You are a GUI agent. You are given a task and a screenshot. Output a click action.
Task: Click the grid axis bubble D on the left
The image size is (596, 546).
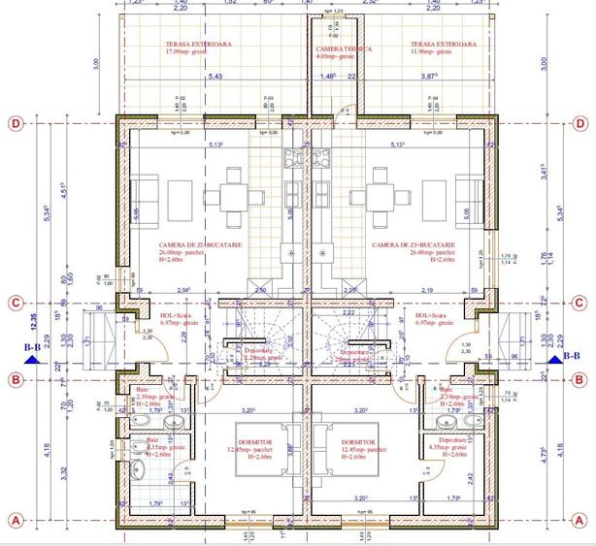pos(15,124)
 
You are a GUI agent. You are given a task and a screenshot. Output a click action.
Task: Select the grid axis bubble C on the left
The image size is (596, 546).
pos(15,302)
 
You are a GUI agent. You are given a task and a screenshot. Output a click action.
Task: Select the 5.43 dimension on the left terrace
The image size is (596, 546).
pos(215,77)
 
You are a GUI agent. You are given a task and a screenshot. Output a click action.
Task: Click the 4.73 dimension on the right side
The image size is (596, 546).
pos(570,450)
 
